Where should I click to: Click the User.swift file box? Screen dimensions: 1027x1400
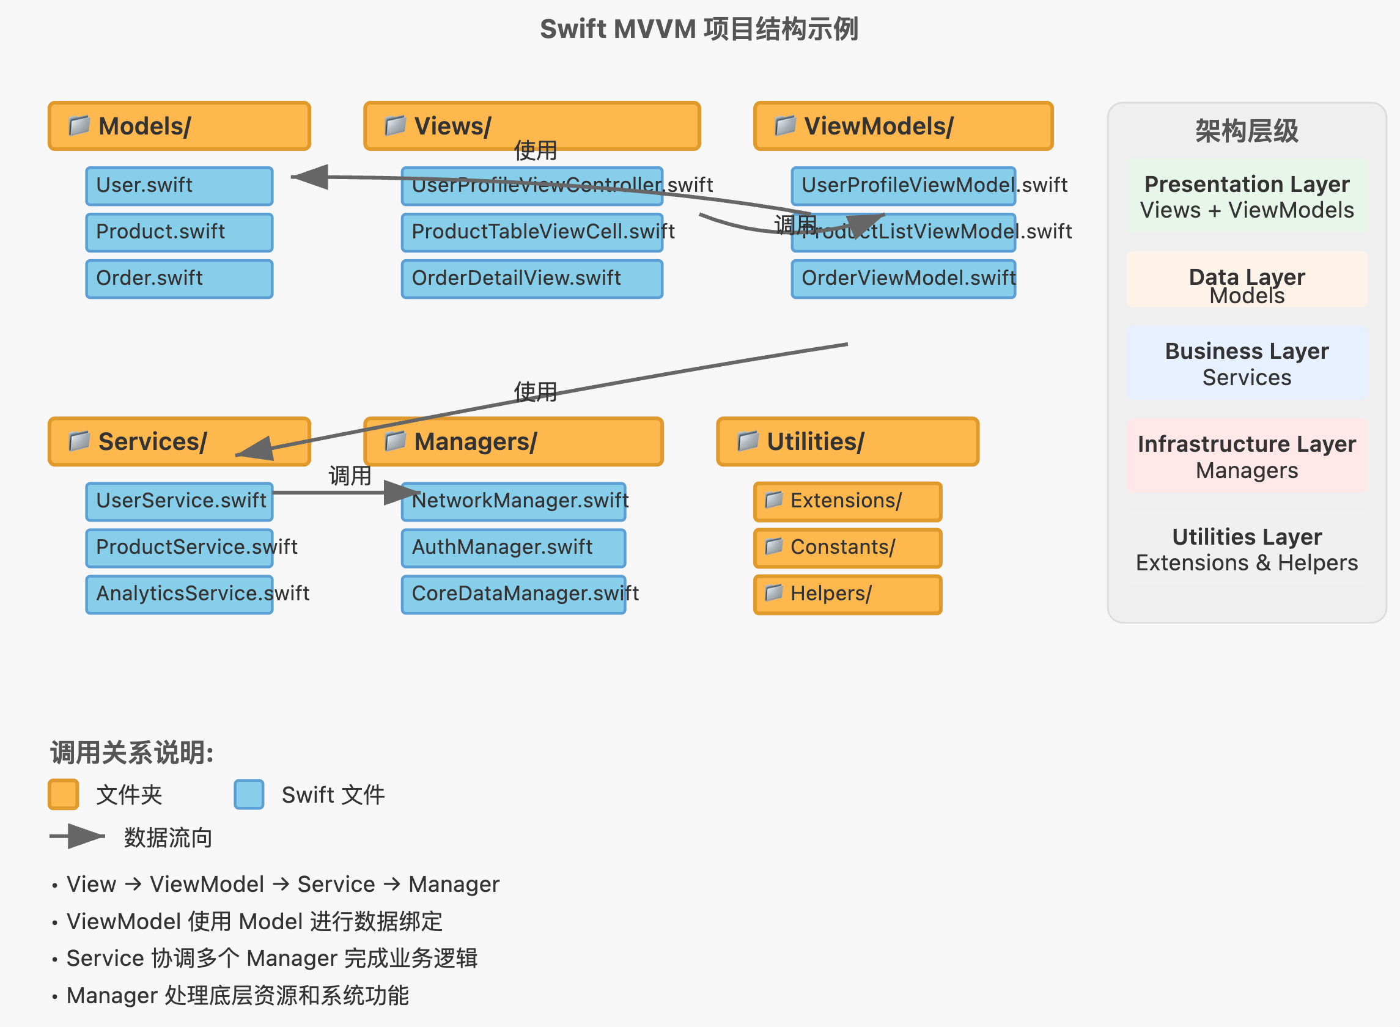point(179,185)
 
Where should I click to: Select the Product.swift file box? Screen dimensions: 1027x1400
point(179,232)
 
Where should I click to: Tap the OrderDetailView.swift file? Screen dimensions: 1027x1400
point(531,279)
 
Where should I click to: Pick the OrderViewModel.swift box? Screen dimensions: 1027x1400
point(903,279)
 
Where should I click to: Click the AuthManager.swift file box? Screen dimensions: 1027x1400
point(513,548)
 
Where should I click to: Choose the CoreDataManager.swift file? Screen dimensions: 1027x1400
point(513,594)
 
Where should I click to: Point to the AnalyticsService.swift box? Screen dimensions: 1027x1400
point(179,594)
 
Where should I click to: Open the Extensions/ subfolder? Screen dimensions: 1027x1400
point(847,501)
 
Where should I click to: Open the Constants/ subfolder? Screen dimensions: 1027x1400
point(847,548)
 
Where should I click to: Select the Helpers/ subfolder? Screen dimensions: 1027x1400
point(847,594)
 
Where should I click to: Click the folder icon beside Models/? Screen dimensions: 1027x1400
point(79,125)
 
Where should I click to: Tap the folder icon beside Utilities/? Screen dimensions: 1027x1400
point(747,441)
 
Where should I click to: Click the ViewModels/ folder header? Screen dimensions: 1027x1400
point(903,126)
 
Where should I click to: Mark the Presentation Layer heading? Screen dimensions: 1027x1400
point(1247,184)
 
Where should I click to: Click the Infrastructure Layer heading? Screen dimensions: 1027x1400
point(1247,444)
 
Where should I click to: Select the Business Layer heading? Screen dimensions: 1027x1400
point(1247,352)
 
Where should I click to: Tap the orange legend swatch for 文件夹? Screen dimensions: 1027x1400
point(64,794)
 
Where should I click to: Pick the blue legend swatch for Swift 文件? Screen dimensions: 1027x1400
point(249,794)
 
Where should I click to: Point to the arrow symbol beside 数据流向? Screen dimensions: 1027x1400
point(78,836)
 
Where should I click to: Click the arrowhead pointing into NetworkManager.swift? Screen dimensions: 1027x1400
point(401,492)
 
